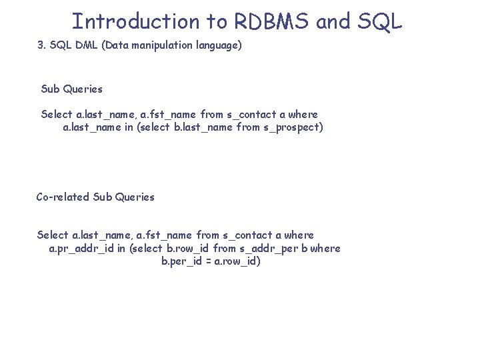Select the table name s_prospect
tap(293, 127)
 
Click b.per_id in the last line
tap(182, 261)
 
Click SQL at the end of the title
tap(379, 21)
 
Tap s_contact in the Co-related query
tap(248, 235)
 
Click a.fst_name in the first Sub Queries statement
tap(167, 114)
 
